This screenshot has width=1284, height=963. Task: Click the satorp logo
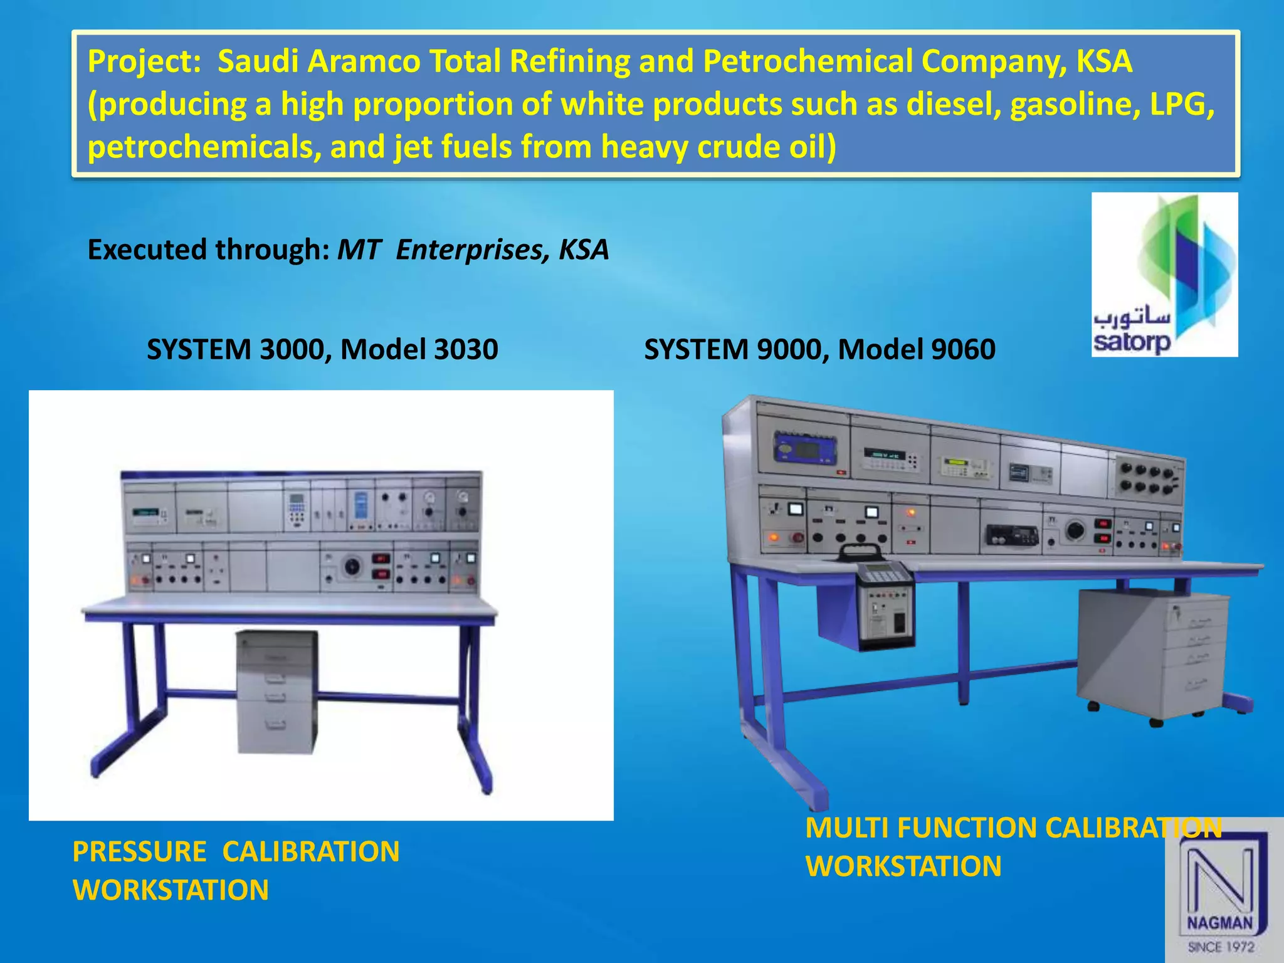tap(1164, 275)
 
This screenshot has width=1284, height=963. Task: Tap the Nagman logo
tap(1223, 890)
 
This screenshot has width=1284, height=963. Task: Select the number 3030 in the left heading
tap(465, 349)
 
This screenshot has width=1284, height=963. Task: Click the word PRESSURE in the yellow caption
tap(139, 851)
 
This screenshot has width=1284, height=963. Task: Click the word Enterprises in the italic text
tap(468, 250)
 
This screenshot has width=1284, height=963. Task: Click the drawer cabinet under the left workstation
tap(276, 691)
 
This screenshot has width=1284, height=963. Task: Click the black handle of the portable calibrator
tap(860, 551)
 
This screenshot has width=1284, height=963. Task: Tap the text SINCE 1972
tap(1221, 947)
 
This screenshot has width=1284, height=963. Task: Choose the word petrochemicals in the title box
tap(203, 147)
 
